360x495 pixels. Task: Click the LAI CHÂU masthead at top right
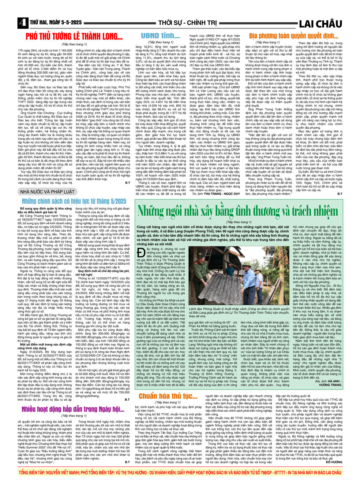click(320, 24)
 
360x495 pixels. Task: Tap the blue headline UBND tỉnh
click(160, 36)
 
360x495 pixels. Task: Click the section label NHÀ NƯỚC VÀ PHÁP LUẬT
click(47, 192)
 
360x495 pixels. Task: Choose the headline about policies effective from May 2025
click(74, 201)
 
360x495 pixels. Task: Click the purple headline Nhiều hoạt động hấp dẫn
click(73, 410)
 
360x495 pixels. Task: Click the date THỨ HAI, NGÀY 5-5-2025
click(56, 23)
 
